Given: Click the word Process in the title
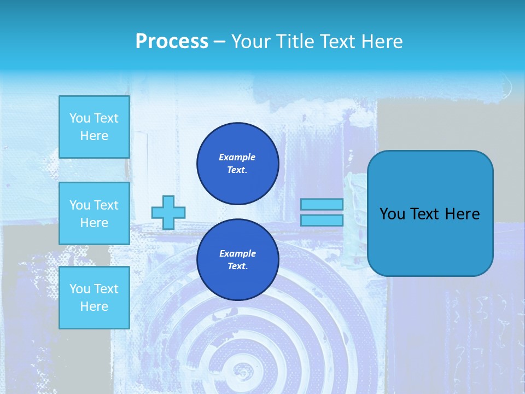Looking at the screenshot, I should click(172, 42).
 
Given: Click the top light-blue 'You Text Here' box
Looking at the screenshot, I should click(94, 127).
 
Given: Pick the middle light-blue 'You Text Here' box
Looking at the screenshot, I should click(94, 213).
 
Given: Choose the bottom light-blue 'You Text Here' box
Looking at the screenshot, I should click(94, 298).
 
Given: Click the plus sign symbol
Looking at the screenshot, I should click(168, 212).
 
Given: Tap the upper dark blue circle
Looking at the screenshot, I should click(237, 164).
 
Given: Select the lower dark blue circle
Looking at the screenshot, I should click(237, 260).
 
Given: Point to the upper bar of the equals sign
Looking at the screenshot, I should click(322, 204).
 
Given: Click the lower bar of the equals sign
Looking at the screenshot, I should click(322, 221).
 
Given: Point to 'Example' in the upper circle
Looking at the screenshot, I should click(237, 157).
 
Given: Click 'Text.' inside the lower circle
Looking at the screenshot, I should click(237, 266).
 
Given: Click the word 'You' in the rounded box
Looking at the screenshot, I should click(392, 214).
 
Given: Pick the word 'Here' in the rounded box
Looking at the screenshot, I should click(462, 214).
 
